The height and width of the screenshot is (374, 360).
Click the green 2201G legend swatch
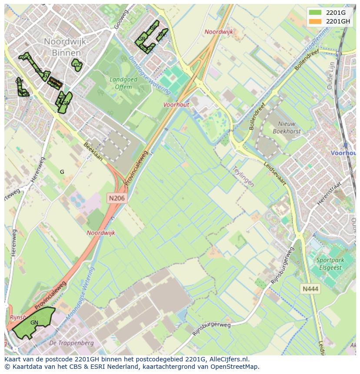315,13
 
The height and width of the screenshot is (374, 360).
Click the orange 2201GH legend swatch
315,21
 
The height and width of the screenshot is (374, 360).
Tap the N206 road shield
117,198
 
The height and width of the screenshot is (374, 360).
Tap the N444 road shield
311,288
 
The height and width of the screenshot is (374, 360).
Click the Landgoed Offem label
123,83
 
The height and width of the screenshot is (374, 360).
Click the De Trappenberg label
66,343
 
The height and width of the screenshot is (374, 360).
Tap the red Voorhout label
176,105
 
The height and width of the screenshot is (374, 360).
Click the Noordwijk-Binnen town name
66,46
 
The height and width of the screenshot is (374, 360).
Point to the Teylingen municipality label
243,175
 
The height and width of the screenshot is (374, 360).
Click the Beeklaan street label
93,152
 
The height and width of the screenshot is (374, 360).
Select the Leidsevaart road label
275,174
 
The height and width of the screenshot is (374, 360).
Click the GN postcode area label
34,323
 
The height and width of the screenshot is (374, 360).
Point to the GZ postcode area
77,66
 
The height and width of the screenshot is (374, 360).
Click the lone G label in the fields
62,172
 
